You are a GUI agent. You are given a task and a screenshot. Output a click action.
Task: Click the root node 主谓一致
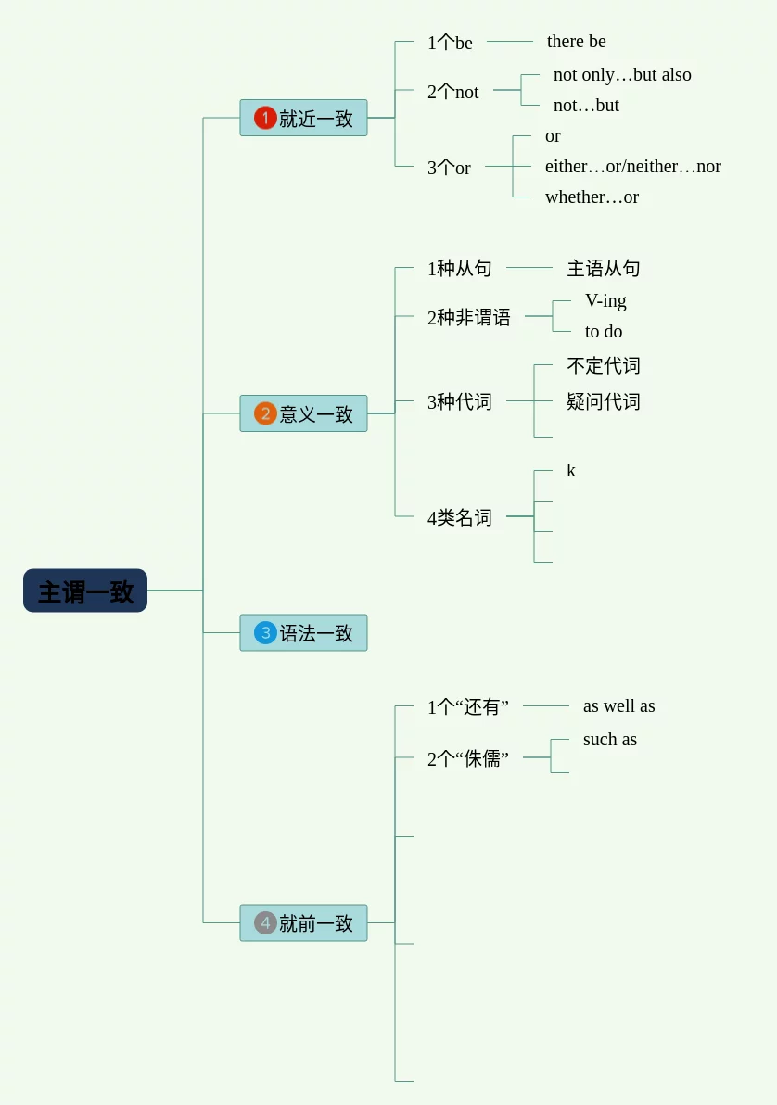85,591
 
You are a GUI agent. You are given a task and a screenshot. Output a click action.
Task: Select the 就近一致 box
303,118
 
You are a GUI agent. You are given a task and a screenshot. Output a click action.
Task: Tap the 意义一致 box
303,413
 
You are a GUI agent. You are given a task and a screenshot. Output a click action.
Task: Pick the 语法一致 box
303,633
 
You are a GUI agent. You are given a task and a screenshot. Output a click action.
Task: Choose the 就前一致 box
303,923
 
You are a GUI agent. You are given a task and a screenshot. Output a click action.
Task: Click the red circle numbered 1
265,118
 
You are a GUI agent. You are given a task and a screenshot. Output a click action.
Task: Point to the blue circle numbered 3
265,633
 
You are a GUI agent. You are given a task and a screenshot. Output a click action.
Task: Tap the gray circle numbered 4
265,923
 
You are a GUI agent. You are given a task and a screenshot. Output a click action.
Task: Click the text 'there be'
576,42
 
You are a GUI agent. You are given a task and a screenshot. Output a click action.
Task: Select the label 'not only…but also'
622,75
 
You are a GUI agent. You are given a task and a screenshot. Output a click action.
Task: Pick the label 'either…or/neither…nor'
632,167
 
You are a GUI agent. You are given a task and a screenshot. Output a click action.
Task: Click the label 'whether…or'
592,197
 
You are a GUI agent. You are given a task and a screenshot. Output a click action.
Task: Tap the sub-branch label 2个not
452,92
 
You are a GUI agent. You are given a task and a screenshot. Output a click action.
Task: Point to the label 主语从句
603,269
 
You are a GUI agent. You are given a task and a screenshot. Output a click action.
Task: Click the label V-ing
605,301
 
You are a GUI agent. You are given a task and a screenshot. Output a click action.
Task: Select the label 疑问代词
603,402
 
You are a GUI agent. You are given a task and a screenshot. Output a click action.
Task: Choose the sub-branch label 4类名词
459,518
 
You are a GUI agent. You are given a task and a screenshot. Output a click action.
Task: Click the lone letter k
571,471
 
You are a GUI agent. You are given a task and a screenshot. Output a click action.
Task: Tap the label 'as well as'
618,706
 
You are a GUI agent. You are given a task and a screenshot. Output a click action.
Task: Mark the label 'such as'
609,740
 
